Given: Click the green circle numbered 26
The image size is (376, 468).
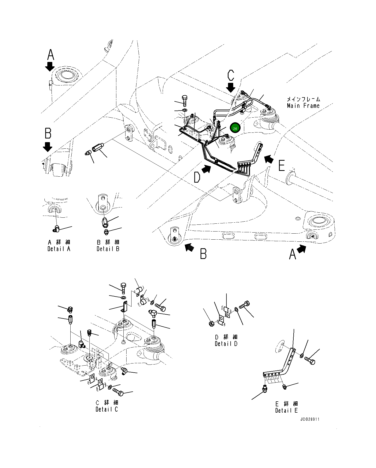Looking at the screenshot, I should [x=235, y=128].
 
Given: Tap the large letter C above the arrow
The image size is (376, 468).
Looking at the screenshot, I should [x=231, y=75].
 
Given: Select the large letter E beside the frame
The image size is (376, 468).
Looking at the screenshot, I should [x=281, y=166].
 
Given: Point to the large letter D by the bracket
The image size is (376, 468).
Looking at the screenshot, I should [x=197, y=178].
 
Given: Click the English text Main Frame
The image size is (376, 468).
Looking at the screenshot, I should [x=303, y=106].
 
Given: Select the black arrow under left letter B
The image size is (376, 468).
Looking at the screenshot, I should [x=48, y=147].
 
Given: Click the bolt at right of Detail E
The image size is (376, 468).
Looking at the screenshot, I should [x=310, y=361].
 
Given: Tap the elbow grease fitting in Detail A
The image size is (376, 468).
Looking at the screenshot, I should [x=56, y=229].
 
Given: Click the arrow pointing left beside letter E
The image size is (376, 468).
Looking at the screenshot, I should [x=269, y=159].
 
